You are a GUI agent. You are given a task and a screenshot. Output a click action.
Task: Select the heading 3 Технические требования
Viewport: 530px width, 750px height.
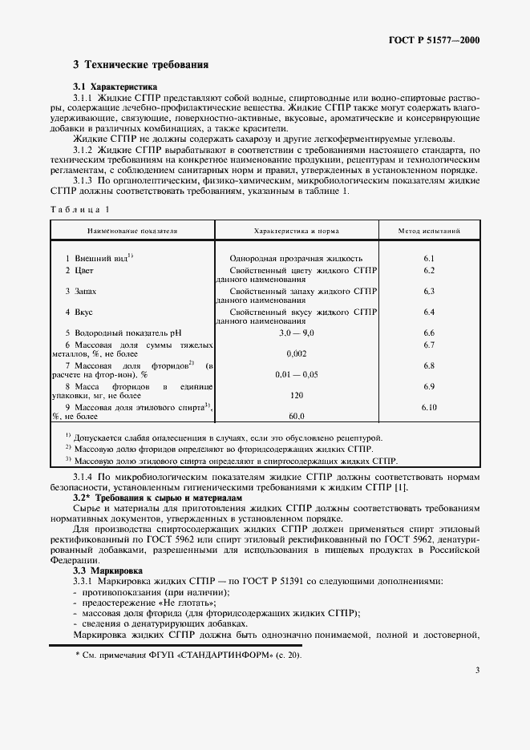click(140, 64)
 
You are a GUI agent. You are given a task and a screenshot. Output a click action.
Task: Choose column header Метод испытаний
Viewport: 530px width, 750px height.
click(428, 231)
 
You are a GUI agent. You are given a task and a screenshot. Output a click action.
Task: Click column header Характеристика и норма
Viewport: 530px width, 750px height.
click(296, 231)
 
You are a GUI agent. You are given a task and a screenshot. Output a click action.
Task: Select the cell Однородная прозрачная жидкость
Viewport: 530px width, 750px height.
click(296, 259)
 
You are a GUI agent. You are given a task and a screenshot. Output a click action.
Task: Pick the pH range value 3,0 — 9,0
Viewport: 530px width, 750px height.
click(296, 332)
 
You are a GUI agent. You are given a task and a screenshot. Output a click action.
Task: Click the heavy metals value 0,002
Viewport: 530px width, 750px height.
click(296, 353)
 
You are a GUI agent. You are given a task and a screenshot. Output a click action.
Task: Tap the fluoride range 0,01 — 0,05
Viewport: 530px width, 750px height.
click(296, 373)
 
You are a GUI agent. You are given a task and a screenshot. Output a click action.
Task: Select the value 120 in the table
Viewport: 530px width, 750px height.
click(296, 395)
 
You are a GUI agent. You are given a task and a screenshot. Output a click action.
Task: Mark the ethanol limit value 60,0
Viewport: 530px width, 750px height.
click(296, 416)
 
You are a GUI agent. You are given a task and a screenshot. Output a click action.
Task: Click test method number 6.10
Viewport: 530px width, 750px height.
click(428, 408)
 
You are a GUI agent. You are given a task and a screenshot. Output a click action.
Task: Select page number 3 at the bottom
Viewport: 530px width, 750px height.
click(476, 692)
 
